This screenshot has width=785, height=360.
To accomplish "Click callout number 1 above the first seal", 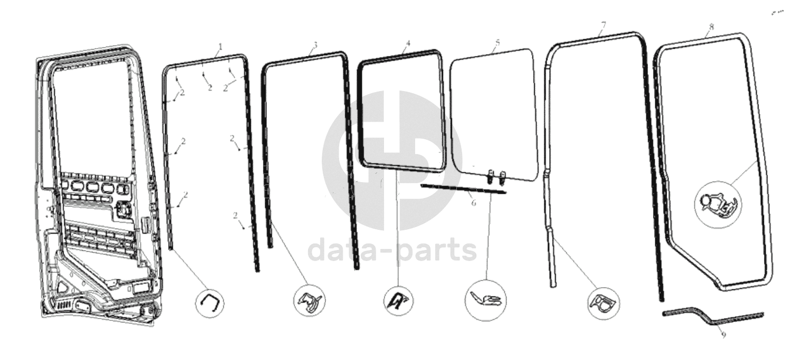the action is pos(220,46).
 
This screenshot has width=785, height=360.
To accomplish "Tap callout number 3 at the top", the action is pos(315,45).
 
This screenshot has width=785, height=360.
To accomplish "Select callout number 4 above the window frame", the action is pos(408,43).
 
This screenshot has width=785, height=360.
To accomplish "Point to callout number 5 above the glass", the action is pos(498,43).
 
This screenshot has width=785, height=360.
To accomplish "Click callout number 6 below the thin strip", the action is pos(473,203).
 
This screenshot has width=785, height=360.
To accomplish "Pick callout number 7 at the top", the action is pos(603,25).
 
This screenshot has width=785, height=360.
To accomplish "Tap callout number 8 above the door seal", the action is pos(711,27).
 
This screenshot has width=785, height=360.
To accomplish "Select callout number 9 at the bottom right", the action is pos(724,335).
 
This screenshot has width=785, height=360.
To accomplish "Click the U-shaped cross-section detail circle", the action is pos(209,303).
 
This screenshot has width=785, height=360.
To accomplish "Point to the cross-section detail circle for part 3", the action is pos(309,300).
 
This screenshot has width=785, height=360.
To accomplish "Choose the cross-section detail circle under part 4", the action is pos(398,300).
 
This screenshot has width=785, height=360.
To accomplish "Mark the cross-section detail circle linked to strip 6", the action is pos(486,300).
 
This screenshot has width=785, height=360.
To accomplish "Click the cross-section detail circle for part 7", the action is pos(603,303).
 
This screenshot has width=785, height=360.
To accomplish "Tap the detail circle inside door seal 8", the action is pos(718,205).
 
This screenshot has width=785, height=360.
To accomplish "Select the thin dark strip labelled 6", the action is pos(463,189).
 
